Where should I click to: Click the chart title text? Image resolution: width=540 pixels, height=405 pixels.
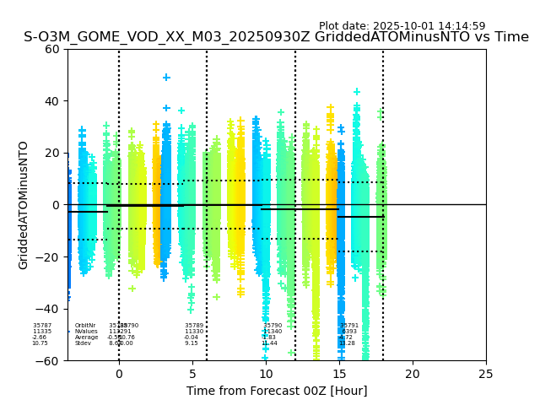(276, 37)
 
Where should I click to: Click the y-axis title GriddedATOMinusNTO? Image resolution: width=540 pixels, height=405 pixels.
(24, 205)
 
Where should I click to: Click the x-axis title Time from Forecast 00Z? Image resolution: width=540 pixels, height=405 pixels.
(277, 391)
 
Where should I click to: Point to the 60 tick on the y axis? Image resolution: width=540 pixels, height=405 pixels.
(53, 49)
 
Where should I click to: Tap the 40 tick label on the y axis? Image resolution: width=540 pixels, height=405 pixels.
(53, 101)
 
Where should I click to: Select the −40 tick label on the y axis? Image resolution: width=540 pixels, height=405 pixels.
(50, 309)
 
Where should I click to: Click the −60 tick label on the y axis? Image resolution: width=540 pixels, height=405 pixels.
(50, 361)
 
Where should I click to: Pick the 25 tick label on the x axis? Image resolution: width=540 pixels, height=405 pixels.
(486, 374)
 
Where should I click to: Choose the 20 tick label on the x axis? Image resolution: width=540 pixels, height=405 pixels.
(413, 374)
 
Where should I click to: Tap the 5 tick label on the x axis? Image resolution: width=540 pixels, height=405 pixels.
(192, 374)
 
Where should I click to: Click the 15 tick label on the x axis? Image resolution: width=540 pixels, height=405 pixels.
(339, 374)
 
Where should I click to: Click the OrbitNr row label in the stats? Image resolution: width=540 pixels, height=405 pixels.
(85, 326)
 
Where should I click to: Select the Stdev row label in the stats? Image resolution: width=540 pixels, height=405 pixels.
(83, 343)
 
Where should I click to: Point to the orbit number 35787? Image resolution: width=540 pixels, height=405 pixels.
(42, 326)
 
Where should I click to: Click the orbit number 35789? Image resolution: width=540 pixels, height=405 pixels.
(194, 326)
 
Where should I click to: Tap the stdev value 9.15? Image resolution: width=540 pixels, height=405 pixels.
(192, 343)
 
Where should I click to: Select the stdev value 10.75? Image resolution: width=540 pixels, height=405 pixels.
(40, 343)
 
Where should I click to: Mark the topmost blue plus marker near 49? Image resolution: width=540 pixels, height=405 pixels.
(166, 78)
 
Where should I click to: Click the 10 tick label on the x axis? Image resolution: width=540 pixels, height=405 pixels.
(266, 374)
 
